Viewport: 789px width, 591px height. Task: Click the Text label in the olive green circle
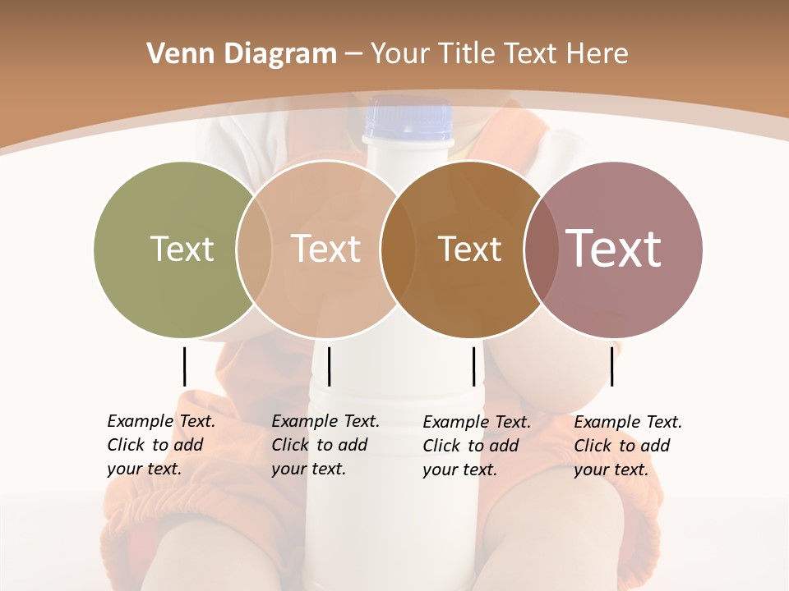182,249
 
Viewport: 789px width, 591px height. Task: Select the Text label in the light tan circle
326,249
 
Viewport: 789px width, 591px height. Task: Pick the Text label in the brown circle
469,249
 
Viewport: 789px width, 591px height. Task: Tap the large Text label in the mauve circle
613,249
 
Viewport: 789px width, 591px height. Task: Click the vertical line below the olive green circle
184,366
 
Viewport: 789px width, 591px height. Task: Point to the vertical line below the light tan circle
329,366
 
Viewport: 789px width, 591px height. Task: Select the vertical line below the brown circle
473,366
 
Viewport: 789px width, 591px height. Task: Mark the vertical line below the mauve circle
611,366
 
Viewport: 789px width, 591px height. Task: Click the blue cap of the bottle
408,119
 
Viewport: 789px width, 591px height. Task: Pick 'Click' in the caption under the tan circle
290,445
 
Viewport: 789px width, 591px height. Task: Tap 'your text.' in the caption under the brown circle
460,470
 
